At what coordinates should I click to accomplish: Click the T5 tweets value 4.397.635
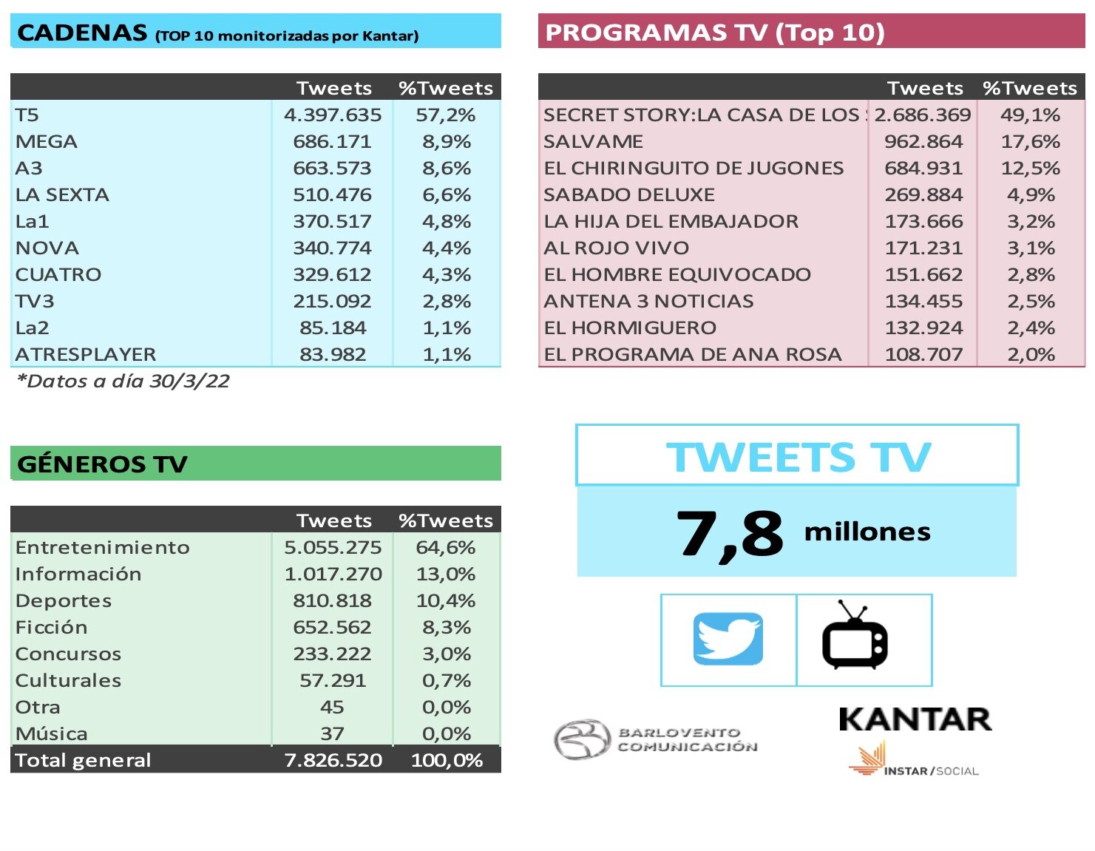(x=333, y=115)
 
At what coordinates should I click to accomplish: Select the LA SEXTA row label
(x=62, y=195)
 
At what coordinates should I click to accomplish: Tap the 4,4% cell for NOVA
(x=447, y=248)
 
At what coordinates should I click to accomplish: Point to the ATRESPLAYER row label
(x=86, y=355)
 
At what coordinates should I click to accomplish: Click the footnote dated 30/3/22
(x=123, y=382)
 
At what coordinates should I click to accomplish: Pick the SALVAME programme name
(x=593, y=142)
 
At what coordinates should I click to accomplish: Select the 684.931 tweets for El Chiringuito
(x=923, y=169)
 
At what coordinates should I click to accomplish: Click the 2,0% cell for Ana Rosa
(x=1031, y=355)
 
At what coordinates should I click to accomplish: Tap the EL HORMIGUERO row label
(x=630, y=328)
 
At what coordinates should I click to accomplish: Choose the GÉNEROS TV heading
(x=102, y=464)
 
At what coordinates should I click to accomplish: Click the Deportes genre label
(x=64, y=601)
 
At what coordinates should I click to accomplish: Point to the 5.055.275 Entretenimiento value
(x=333, y=548)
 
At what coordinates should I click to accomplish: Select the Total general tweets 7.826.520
(x=333, y=761)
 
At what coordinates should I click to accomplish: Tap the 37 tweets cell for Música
(x=332, y=734)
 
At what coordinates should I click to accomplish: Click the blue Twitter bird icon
(x=728, y=639)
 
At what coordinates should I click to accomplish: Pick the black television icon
(x=855, y=637)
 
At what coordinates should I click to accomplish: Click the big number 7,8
(x=729, y=534)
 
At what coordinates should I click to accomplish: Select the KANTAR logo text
(x=915, y=719)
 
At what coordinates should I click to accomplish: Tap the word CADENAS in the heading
(x=82, y=33)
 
